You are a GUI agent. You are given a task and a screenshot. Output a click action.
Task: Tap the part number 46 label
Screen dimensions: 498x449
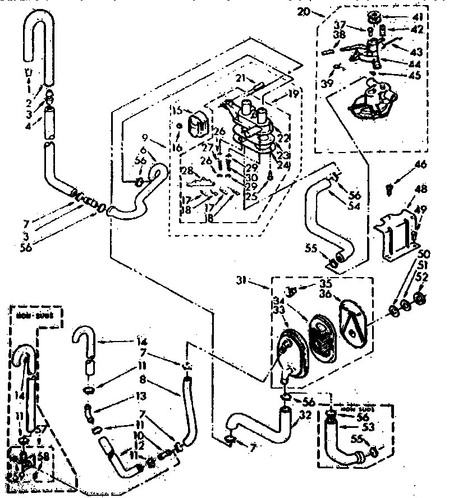(x=420, y=165)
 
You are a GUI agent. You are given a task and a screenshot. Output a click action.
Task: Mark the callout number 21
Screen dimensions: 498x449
(x=241, y=78)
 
